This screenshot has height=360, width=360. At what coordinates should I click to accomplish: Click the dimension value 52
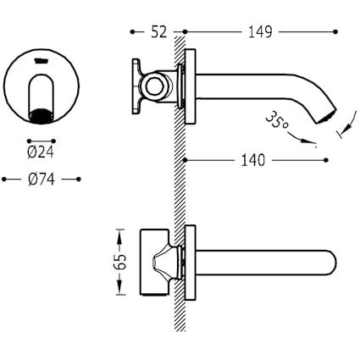(x=159, y=31)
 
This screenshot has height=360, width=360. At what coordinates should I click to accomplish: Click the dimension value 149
(x=260, y=31)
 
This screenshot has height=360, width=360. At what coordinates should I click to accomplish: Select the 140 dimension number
(x=253, y=160)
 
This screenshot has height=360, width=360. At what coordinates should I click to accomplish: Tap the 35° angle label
(x=276, y=120)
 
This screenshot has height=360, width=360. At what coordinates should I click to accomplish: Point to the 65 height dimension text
(x=120, y=262)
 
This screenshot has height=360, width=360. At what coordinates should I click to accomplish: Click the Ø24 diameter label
(x=41, y=152)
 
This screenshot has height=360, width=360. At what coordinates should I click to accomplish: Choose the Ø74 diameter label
(x=42, y=180)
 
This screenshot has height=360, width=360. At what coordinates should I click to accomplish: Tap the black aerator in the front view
(x=42, y=116)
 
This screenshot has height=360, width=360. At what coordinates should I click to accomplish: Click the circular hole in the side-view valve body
(x=155, y=87)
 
